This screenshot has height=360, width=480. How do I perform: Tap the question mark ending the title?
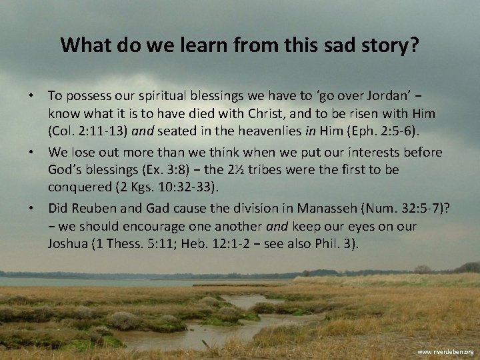coord(415,45)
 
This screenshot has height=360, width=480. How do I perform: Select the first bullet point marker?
coord(31,90)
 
